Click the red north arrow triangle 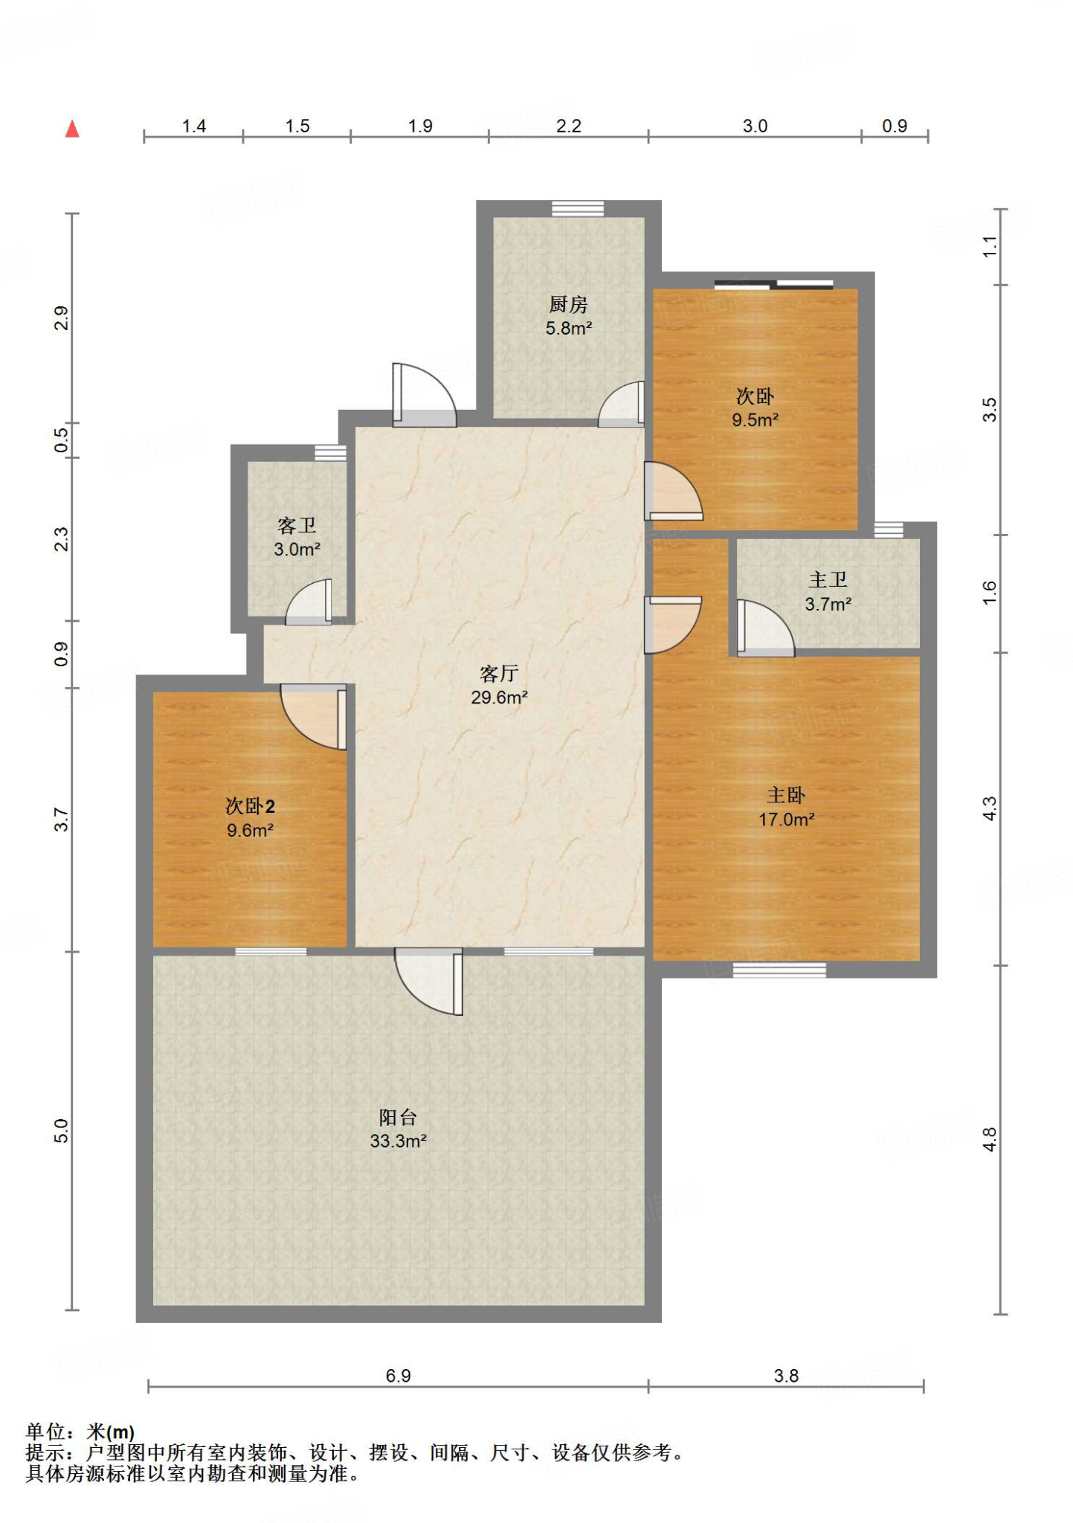pos(72,129)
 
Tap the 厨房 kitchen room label pos(568,304)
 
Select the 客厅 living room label pos(499,674)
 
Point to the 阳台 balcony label pos(398,1117)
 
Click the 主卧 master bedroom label pos(786,796)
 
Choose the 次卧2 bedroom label pos(250,806)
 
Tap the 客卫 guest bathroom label pos(297,526)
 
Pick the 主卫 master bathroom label pos(828,580)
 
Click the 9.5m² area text pos(755,420)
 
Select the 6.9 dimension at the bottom pos(398,1376)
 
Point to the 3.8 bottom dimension pos(786,1376)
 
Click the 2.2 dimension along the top pos(568,126)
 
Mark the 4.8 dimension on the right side pos(989,1140)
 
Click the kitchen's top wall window pos(578,208)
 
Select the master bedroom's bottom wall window pos(779,970)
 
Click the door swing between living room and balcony pos(429,981)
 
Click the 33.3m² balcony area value pos(398,1141)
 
